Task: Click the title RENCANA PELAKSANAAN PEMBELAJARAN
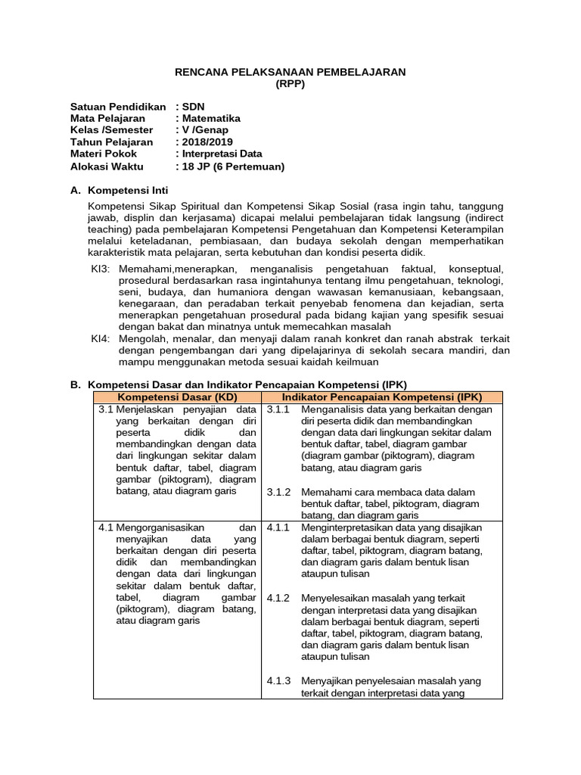(290, 71)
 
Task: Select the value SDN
(192, 107)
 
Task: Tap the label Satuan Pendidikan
(117, 107)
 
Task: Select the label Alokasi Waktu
(110, 166)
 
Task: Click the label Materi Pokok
(104, 154)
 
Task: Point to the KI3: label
(100, 269)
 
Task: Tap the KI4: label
(100, 339)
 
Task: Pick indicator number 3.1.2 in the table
(279, 492)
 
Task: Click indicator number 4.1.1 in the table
(279, 527)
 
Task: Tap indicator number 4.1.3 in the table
(279, 680)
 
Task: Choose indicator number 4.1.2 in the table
(279, 598)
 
